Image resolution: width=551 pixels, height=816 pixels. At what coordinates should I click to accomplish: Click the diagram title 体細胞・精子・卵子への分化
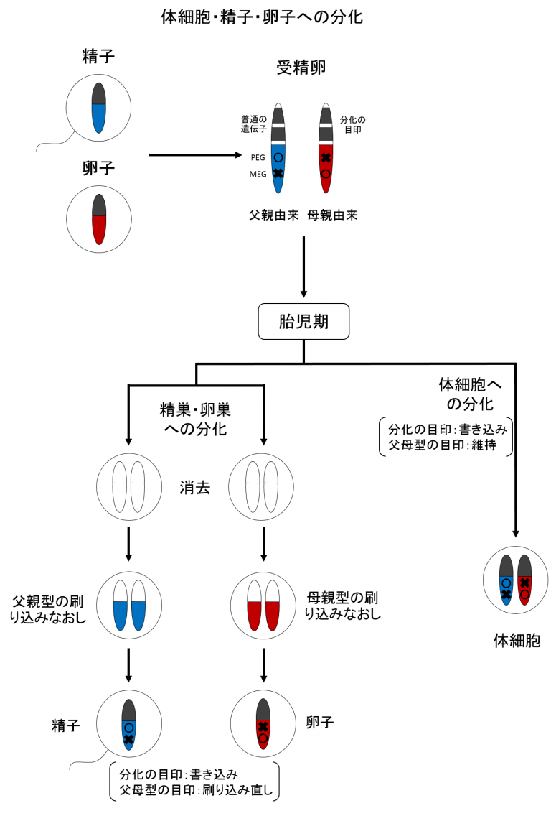coord(262,17)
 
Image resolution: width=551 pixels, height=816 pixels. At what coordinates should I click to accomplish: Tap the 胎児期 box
coord(303,322)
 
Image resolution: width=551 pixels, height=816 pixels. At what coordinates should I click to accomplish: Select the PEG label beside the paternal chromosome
coord(258,157)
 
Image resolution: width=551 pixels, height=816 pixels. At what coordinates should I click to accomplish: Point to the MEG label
coord(258,173)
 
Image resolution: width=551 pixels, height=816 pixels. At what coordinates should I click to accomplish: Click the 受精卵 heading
coord(302,68)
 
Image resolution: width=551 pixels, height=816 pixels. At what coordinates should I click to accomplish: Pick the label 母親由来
coord(332,214)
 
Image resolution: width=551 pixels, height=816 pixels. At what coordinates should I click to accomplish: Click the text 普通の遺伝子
coord(254,124)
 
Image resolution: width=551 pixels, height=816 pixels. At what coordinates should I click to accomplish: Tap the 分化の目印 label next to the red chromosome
coord(353,124)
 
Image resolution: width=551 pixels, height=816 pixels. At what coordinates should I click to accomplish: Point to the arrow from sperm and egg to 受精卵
coord(194,154)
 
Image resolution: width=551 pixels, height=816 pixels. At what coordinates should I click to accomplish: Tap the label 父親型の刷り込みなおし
coord(50,606)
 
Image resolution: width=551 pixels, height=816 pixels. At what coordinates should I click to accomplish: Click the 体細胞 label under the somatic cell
coord(516,640)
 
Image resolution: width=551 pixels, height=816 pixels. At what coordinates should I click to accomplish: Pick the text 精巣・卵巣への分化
coord(195,419)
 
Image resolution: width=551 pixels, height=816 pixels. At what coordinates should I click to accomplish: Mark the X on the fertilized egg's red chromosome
coord(326,158)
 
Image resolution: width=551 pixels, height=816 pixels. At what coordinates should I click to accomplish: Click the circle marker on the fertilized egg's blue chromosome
coord(278,157)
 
